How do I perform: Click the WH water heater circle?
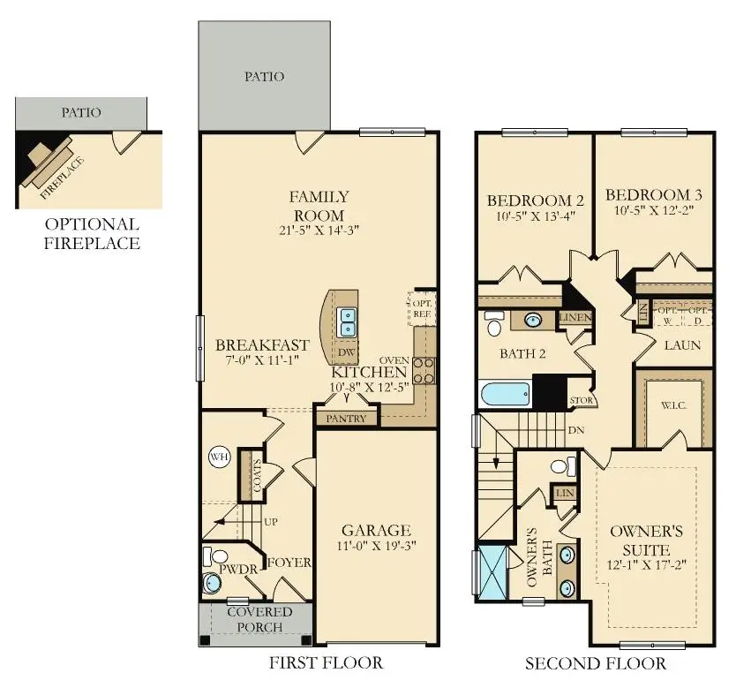point(218,457)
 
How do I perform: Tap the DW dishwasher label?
point(347,352)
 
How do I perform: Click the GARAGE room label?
point(376,530)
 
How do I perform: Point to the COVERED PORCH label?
point(259,619)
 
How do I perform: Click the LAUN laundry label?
point(683,344)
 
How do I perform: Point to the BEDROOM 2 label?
point(529,200)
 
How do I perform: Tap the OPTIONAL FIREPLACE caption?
point(92,233)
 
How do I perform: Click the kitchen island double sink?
point(347,321)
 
